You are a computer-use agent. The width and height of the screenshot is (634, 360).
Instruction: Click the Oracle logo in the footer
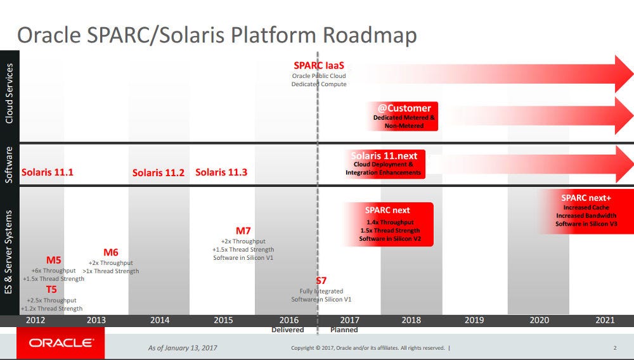(61, 344)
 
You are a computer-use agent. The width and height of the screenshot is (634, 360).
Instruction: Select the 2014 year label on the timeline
(160, 320)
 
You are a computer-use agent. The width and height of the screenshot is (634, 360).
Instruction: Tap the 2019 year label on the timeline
(474, 320)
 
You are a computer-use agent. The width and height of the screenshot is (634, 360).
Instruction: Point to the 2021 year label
(605, 320)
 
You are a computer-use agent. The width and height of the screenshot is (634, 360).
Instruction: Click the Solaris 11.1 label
(48, 172)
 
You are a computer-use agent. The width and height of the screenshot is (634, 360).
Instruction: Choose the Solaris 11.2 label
(158, 173)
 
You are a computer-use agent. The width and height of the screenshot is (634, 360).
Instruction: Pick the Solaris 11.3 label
(221, 172)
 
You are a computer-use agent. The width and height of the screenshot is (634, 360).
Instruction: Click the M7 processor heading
(243, 231)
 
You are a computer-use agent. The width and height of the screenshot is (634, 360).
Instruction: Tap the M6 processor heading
(111, 252)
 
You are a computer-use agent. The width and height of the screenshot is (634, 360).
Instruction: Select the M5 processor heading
(54, 260)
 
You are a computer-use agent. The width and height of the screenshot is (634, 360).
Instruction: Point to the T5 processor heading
(51, 290)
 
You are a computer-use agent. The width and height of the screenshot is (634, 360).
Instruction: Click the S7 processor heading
(321, 281)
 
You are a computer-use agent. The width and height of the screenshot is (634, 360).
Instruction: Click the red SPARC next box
(387, 224)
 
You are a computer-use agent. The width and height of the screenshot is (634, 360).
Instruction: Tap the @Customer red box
(404, 116)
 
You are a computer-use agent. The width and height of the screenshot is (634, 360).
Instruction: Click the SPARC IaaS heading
(318, 65)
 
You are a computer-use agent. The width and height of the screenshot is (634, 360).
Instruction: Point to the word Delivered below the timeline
(288, 330)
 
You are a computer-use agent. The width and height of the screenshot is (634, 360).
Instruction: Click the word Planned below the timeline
(344, 330)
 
